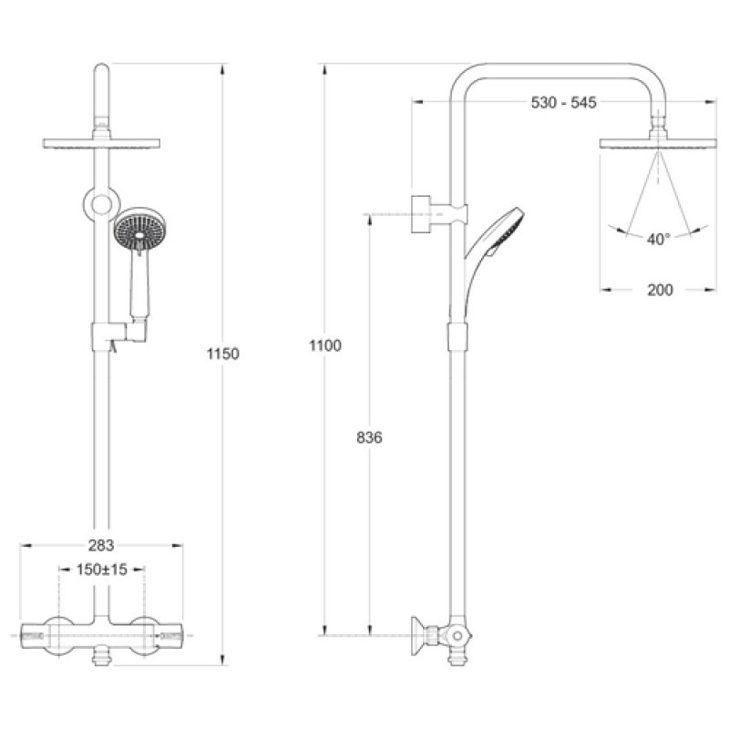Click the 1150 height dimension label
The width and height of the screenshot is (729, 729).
coord(222,354)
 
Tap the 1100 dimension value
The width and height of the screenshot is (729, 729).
coord(325,345)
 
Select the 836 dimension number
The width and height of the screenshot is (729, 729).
coord(370,437)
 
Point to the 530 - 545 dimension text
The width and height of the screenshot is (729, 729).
coord(563,102)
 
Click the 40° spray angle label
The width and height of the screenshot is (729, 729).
coord(658,240)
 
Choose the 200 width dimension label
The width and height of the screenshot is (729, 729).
coord(660,290)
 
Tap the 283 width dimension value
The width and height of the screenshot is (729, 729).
coord(101,545)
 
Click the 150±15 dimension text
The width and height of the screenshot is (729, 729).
coord(102,569)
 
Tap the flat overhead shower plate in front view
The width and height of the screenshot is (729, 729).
coord(102,144)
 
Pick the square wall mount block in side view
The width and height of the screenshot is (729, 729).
coord(420,214)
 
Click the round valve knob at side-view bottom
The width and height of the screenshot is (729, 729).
coord(458,635)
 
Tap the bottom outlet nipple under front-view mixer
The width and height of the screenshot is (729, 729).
coord(101,659)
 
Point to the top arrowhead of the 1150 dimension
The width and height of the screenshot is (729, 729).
coord(222,68)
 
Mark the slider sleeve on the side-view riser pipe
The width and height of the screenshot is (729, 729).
coord(457,337)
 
